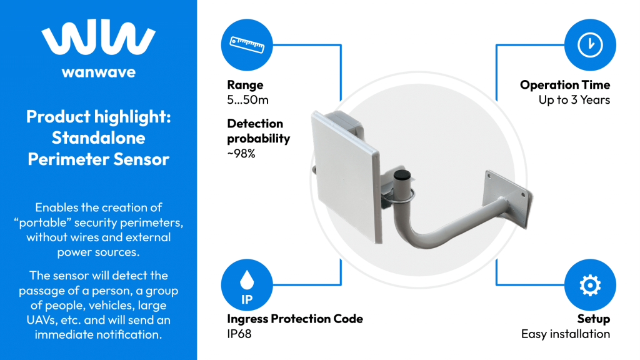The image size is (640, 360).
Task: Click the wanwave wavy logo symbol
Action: (x=99, y=41)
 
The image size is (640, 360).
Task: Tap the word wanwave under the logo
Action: (x=99, y=72)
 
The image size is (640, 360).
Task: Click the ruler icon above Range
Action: (x=247, y=44)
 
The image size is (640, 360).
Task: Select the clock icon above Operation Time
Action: (x=589, y=44)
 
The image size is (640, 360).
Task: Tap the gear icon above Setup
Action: (x=589, y=286)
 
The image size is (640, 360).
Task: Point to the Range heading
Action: (x=245, y=85)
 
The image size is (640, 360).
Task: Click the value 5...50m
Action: (x=247, y=100)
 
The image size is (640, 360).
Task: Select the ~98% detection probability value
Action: (x=241, y=153)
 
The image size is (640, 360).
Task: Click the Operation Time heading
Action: (x=564, y=85)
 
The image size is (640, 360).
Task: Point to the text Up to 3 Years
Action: (x=574, y=100)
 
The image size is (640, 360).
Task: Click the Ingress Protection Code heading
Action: (x=294, y=319)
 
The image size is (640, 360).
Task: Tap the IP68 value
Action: (x=239, y=334)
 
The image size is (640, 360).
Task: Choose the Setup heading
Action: (x=593, y=319)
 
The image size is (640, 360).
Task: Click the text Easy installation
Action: (x=565, y=334)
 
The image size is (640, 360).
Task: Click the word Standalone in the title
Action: (x=98, y=137)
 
